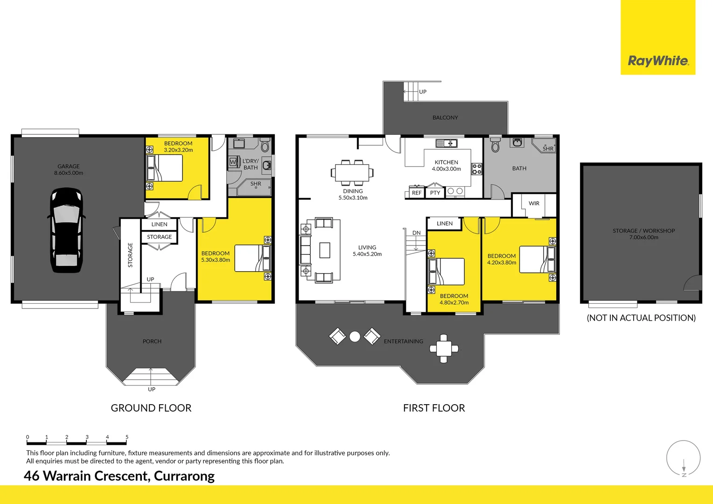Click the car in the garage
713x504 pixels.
(x=66, y=230)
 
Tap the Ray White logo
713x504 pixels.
(x=657, y=61)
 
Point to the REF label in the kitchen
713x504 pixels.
(x=416, y=193)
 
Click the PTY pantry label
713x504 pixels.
(x=435, y=193)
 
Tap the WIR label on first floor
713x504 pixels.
(x=534, y=203)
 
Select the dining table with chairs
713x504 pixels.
(x=352, y=172)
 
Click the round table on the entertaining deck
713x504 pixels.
(x=355, y=336)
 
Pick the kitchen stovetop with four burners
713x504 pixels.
(x=476, y=169)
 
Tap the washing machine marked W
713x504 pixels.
(x=233, y=162)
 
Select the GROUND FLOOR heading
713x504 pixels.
(x=151, y=408)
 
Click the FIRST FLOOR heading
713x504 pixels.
(x=434, y=408)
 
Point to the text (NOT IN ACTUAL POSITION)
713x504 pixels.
(x=641, y=318)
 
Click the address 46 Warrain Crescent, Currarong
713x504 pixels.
(x=119, y=476)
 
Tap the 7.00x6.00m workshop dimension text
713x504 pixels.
(x=643, y=238)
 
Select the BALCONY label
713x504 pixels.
(x=445, y=118)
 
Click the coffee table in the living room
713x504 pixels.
(x=325, y=250)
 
